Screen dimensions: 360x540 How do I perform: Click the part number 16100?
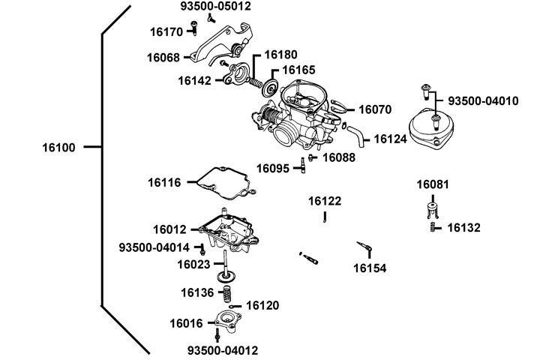(x=59, y=148)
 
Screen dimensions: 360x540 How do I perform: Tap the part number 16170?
(x=166, y=32)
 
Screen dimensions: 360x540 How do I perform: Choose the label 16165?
(x=296, y=70)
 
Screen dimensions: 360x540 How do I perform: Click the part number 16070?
(x=374, y=109)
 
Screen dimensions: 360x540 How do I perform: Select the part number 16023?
(x=193, y=264)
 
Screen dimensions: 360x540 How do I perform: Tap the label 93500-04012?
(x=220, y=351)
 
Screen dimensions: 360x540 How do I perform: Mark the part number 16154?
(x=370, y=267)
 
